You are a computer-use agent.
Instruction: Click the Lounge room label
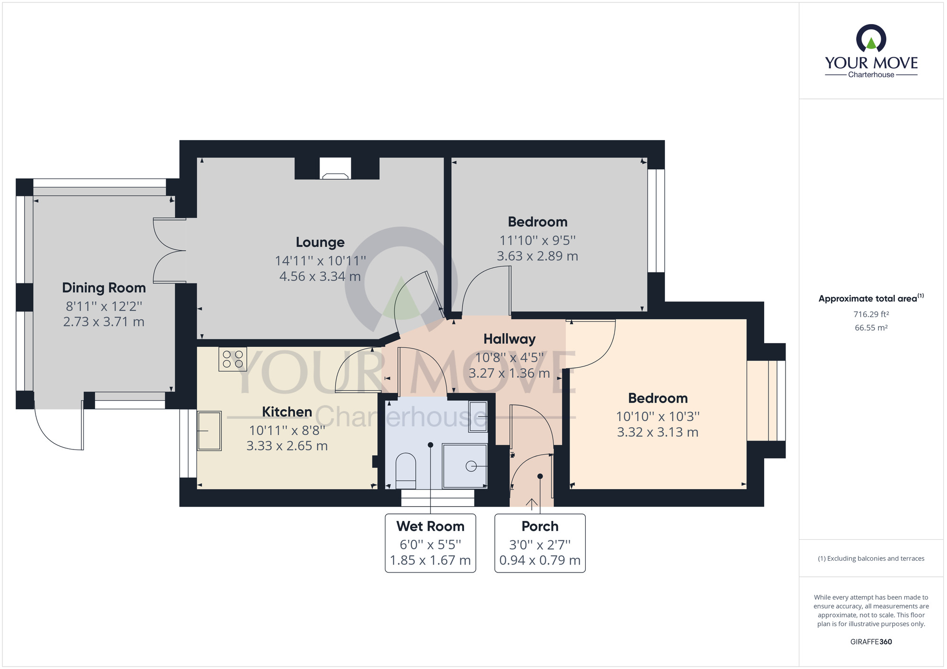pyautogui.click(x=320, y=242)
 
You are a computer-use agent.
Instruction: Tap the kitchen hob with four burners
pyautogui.click(x=232, y=359)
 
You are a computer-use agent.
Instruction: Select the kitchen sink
pyautogui.click(x=209, y=431)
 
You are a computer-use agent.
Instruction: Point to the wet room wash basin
pyautogui.click(x=478, y=416)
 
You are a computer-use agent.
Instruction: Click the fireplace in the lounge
pyautogui.click(x=335, y=169)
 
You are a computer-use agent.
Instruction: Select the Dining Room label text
pyautogui.click(x=104, y=288)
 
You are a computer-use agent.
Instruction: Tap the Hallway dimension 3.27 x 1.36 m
pyautogui.click(x=509, y=373)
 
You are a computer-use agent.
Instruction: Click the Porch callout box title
pyautogui.click(x=540, y=526)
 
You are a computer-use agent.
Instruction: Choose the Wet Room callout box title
pyautogui.click(x=430, y=526)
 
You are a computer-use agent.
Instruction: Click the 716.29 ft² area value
pyautogui.click(x=871, y=314)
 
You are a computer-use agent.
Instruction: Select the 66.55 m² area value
pyautogui.click(x=871, y=327)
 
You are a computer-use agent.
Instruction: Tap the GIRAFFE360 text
pyautogui.click(x=871, y=642)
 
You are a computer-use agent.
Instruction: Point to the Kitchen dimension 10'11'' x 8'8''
pyautogui.click(x=287, y=431)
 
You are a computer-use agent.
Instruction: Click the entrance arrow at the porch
pyautogui.click(x=532, y=504)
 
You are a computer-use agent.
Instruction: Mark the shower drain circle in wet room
pyautogui.click(x=471, y=466)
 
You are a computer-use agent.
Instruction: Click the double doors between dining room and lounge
pyautogui.click(x=169, y=251)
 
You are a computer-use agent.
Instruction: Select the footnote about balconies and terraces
pyautogui.click(x=871, y=558)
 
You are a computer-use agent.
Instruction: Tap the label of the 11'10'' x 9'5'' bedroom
pyautogui.click(x=537, y=222)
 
